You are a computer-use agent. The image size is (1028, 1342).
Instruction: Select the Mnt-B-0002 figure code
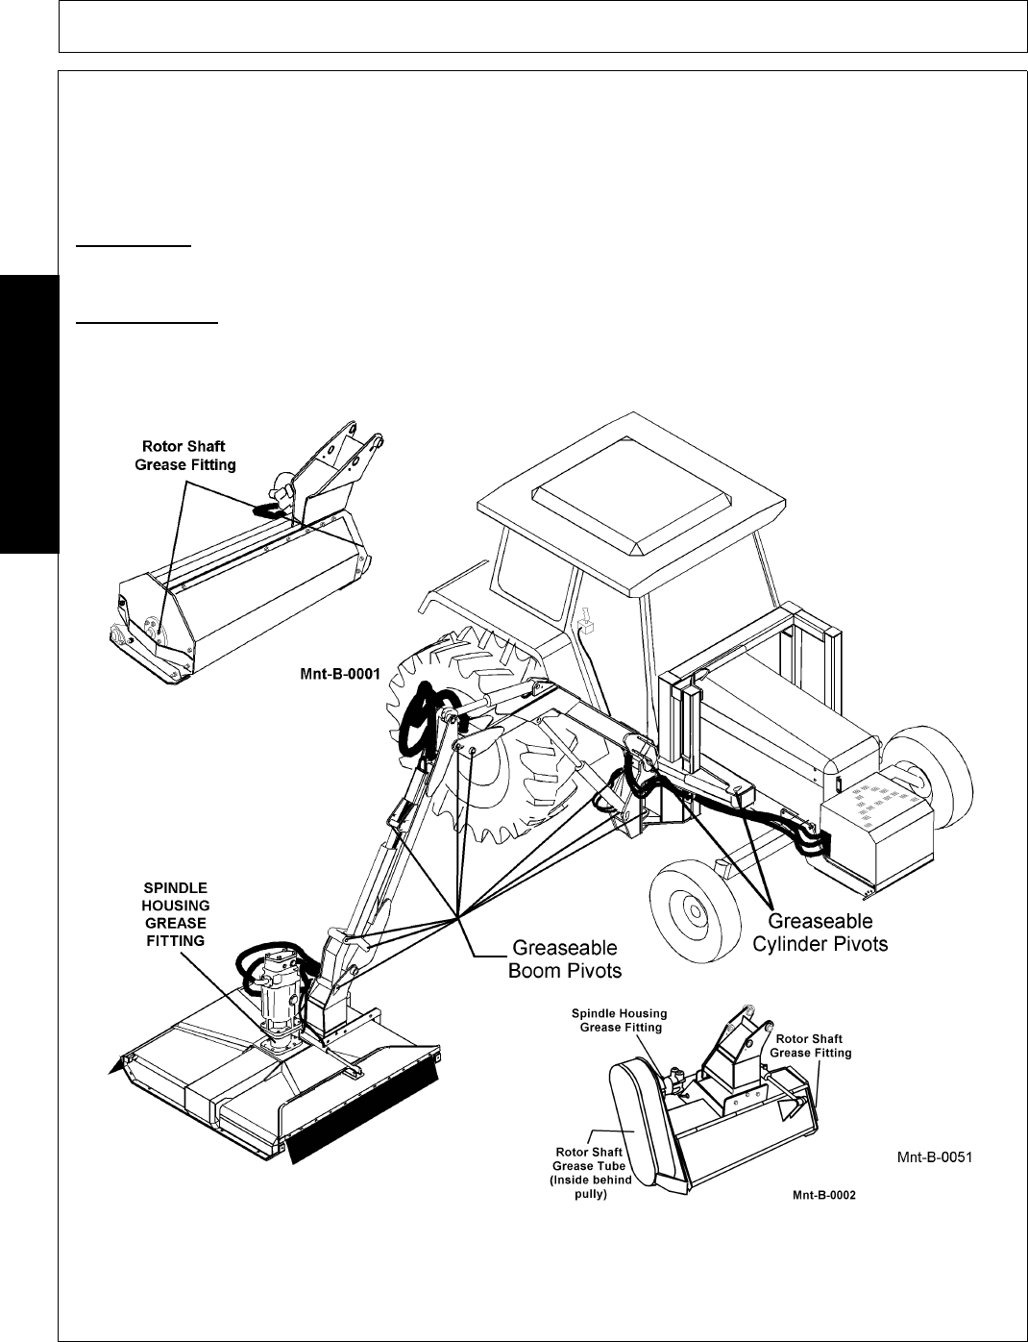coord(823,1196)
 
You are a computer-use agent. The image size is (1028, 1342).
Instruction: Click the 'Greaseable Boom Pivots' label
coord(564,959)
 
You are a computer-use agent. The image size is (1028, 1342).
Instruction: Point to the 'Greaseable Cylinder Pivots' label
coord(820,932)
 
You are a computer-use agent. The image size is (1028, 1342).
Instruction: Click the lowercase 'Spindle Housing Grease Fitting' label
coord(619,1021)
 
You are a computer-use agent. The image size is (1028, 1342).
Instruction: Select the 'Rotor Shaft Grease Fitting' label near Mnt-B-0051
coord(813,1045)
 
